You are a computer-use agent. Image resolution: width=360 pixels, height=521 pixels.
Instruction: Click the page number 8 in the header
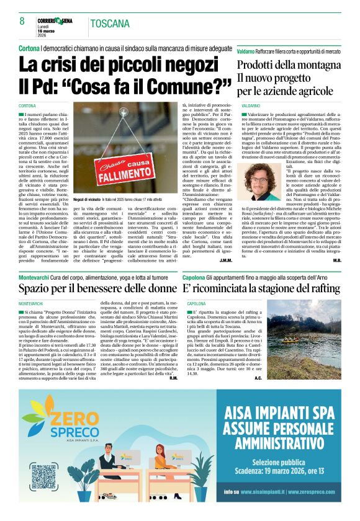tap(21, 20)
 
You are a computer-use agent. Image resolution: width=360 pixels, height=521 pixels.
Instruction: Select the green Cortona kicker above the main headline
tap(29, 48)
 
